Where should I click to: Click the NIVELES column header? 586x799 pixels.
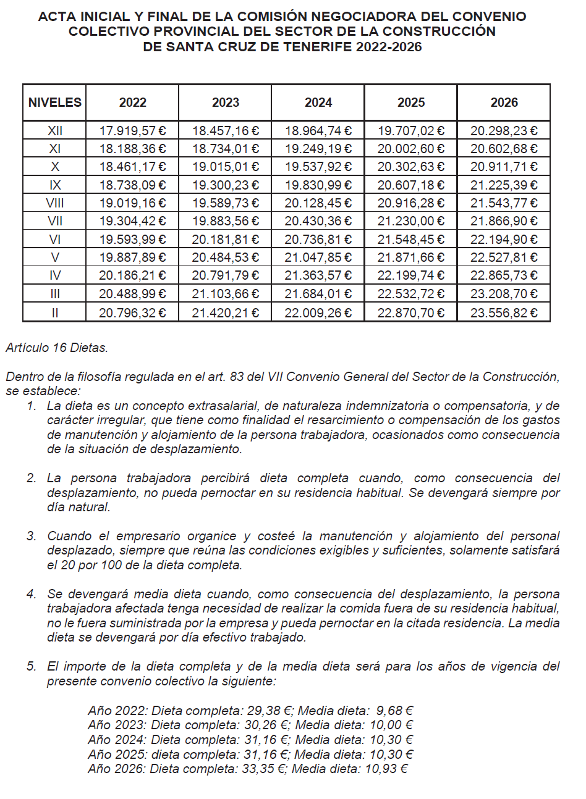(54, 102)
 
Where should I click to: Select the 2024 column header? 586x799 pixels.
(318, 102)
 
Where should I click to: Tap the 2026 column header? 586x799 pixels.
(504, 102)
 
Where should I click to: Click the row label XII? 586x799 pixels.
(54, 131)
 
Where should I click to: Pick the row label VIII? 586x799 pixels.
(54, 203)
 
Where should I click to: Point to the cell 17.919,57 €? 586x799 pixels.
(132, 131)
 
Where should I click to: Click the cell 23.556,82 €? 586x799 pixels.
(504, 312)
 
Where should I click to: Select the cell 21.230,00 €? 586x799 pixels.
(410, 221)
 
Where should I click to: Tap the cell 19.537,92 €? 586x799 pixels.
(318, 167)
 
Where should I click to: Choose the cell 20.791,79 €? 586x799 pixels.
(225, 275)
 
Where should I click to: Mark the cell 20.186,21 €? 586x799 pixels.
(132, 275)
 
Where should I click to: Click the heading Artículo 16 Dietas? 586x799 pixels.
(57, 348)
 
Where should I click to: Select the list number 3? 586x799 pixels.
(31, 536)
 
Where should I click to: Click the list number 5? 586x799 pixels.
(31, 666)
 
